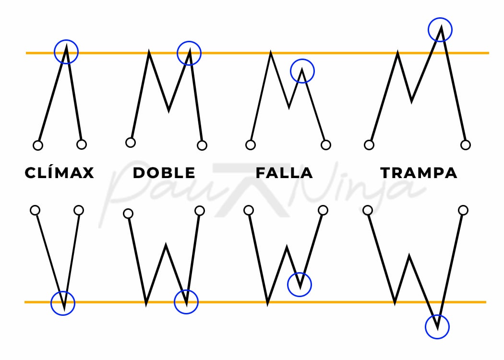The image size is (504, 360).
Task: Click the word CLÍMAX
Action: (60, 172)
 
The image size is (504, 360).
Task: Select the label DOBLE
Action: (164, 173)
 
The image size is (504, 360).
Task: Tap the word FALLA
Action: (284, 173)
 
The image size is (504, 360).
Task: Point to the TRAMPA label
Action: (419, 173)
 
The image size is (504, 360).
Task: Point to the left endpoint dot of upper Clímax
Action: (38, 145)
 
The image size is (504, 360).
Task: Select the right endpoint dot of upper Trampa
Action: (466, 145)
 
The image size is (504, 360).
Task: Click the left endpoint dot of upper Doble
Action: (131, 143)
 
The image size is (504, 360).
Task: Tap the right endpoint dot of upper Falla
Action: (326, 145)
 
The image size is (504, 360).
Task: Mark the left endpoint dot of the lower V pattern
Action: (35, 210)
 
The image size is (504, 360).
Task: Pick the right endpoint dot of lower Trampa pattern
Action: (463, 210)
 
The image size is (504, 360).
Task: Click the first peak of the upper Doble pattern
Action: (149, 51)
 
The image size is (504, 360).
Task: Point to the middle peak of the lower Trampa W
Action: (409, 256)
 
